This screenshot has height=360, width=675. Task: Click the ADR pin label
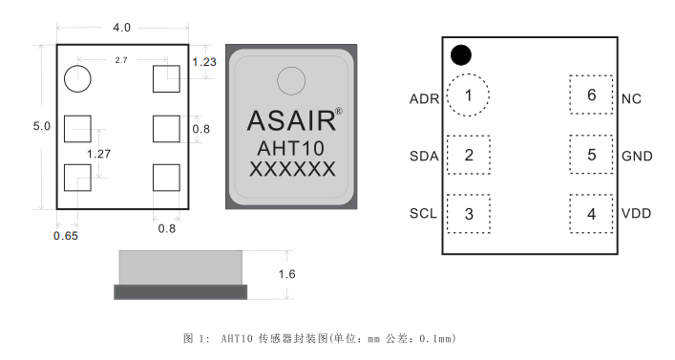tap(422, 97)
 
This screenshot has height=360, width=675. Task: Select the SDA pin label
tap(423, 156)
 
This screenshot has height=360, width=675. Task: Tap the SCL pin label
tap(422, 214)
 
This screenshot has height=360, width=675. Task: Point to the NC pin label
tap(631, 97)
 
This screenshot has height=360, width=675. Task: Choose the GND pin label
tap(636, 156)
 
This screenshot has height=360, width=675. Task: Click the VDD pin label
tap(636, 214)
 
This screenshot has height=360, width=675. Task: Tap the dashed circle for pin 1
tap(468, 95)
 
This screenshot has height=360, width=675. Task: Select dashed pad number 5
tap(591, 154)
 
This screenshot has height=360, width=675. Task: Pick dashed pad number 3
tap(468, 213)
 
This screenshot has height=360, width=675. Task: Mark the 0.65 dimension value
tap(66, 235)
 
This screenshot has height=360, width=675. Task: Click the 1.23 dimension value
tap(205, 62)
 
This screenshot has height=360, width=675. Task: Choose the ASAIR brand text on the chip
tap(292, 120)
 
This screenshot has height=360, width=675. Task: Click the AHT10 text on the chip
tap(290, 149)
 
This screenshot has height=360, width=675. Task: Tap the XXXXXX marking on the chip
tap(291, 170)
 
